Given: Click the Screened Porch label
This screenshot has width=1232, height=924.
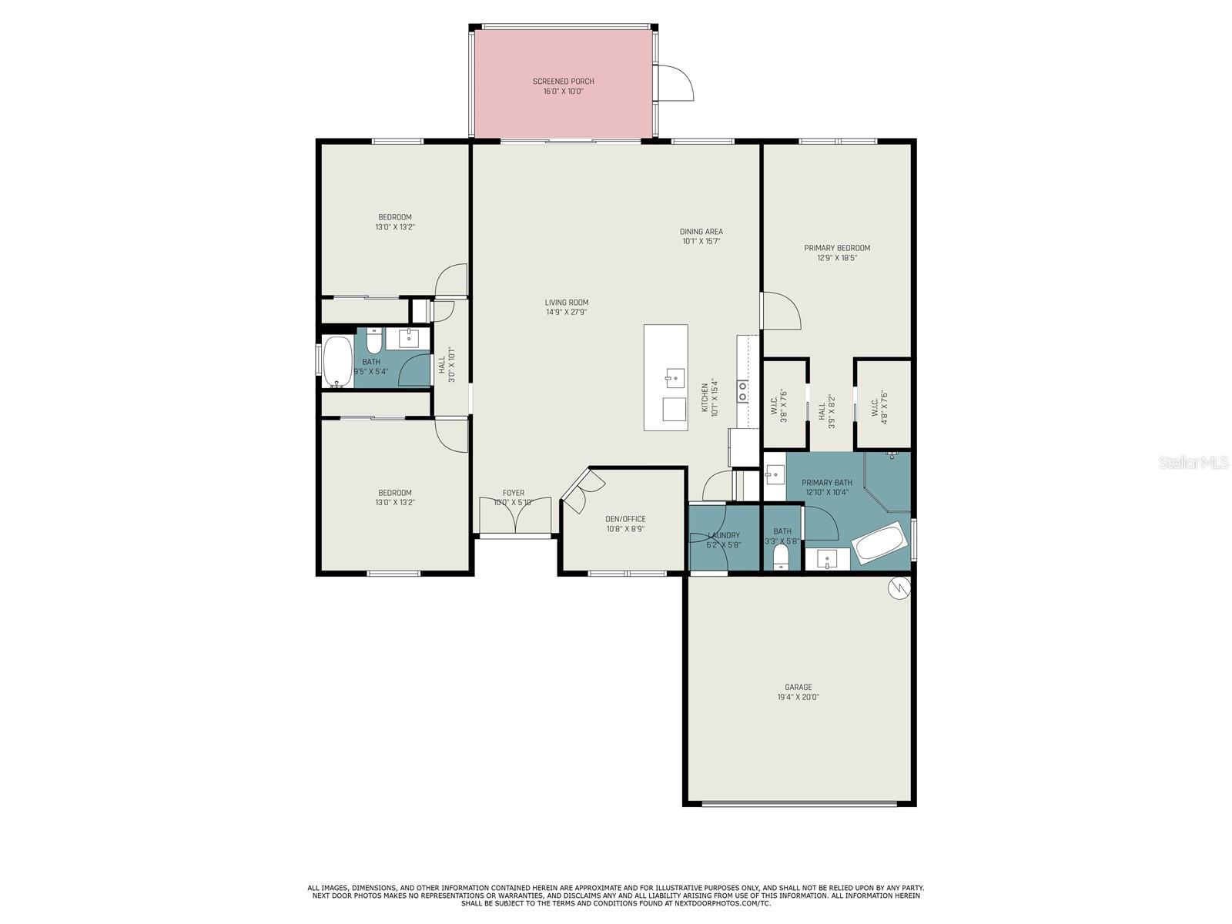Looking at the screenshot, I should click(563, 81).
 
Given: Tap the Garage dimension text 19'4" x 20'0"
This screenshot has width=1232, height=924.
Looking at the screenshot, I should click(798, 698).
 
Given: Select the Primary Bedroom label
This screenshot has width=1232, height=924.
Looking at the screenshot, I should click(837, 248).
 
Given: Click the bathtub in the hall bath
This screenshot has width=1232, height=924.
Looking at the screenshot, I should click(337, 361).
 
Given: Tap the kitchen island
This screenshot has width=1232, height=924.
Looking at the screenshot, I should click(665, 377).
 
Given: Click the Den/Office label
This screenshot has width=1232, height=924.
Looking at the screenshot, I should click(625, 519).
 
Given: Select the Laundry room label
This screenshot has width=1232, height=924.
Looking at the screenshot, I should click(723, 535).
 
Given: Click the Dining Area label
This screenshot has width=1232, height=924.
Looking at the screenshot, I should click(701, 231).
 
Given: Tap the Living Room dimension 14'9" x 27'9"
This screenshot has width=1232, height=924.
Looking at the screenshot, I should click(566, 313).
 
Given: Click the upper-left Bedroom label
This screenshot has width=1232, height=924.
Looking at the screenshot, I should click(394, 217).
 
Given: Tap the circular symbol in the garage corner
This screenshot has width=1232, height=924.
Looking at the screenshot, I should click(898, 589).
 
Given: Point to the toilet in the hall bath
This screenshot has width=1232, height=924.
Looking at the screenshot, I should click(374, 340).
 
